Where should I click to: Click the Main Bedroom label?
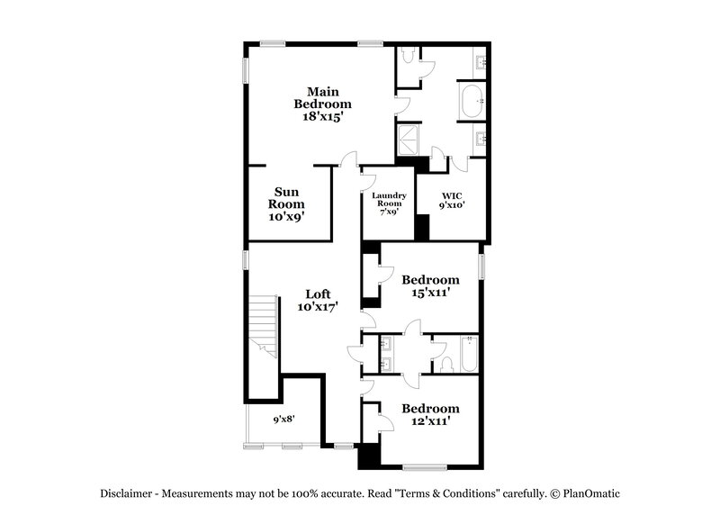pos(323,97)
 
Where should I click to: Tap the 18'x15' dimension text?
pos(323,117)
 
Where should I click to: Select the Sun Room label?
pos(286,198)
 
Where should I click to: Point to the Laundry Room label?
pos(389,199)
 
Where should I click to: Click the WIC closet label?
pos(453,196)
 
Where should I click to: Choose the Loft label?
pos(319,294)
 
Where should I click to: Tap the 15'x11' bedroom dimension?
pos(430,292)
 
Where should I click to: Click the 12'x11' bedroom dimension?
pos(430,420)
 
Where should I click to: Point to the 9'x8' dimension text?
pos(283,420)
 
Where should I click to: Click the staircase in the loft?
pos(264,326)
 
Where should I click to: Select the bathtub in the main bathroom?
pos(472,101)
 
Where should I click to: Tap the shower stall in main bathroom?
pos(409,140)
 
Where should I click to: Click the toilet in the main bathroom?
pos(408,56)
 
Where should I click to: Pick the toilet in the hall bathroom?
pos(446,364)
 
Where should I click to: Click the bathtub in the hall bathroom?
pos(470,354)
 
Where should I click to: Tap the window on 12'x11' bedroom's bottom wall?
pos(425,467)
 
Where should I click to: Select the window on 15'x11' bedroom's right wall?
pos(481,267)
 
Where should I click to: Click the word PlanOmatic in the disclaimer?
pos(591,493)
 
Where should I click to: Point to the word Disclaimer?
pos(126,493)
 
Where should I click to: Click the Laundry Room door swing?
pos(370,182)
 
